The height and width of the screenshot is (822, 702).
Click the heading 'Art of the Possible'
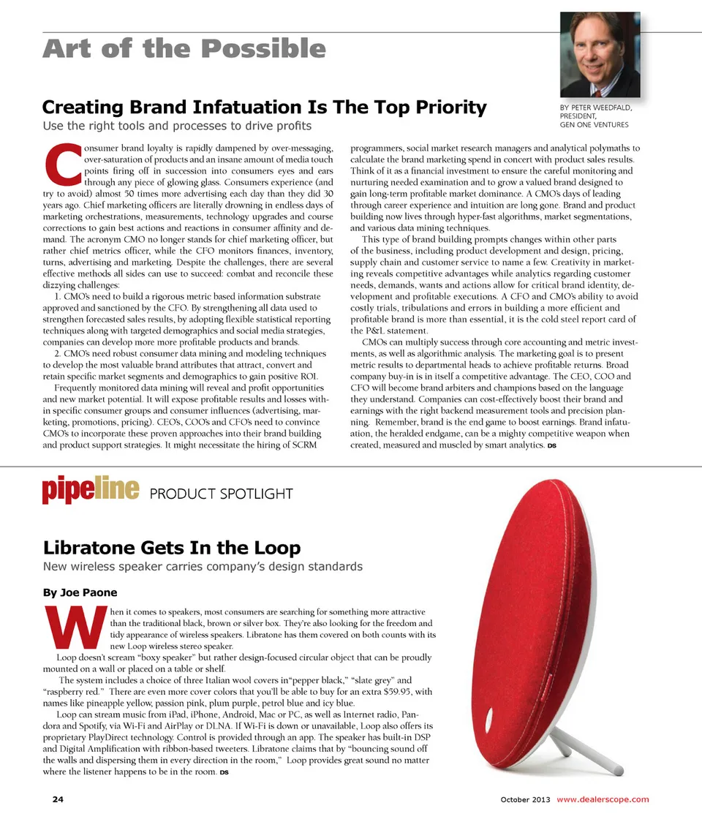[x=184, y=49]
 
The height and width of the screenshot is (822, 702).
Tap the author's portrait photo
[x=600, y=55]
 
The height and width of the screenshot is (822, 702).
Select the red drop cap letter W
[x=72, y=627]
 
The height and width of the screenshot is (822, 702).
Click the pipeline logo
[x=91, y=491]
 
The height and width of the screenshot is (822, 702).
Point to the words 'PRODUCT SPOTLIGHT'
[x=221, y=494]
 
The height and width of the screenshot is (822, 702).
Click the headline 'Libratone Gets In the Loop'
[x=172, y=547]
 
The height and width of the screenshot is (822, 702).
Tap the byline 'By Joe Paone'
[x=80, y=592]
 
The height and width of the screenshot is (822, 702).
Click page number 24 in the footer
[x=57, y=799]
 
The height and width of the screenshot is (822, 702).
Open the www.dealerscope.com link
[x=603, y=799]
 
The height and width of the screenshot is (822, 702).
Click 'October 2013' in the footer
[x=525, y=799]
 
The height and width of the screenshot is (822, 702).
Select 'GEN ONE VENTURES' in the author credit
[x=594, y=125]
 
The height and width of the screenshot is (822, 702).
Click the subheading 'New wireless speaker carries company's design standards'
[x=203, y=567]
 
